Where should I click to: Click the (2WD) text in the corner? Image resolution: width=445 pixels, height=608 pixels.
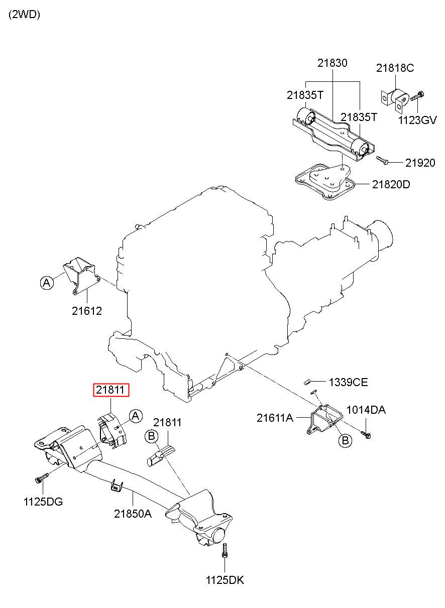click(x=25, y=15)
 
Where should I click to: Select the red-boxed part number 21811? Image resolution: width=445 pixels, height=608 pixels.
click(x=111, y=390)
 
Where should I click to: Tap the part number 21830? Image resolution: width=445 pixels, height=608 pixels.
click(x=332, y=63)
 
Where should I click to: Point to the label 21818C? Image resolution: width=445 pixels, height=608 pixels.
click(x=395, y=68)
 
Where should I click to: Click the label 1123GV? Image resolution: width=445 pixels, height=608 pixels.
click(x=417, y=120)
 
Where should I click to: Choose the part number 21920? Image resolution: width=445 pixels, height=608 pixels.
click(x=420, y=163)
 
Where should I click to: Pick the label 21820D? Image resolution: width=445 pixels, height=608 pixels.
click(x=391, y=185)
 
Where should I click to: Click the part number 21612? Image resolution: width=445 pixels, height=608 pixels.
click(x=87, y=311)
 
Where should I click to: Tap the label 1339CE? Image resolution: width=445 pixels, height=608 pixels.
click(x=349, y=382)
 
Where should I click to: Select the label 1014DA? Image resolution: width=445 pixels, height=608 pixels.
click(x=366, y=410)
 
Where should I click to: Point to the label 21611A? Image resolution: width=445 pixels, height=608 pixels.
click(x=275, y=418)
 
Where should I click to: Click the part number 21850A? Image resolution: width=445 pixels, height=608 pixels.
click(x=133, y=514)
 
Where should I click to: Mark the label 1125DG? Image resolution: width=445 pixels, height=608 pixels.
click(x=43, y=502)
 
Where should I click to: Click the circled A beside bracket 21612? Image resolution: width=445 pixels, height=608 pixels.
click(x=47, y=283)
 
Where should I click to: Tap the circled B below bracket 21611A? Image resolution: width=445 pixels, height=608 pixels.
click(x=346, y=440)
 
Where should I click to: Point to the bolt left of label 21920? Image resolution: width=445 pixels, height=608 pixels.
click(x=382, y=160)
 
